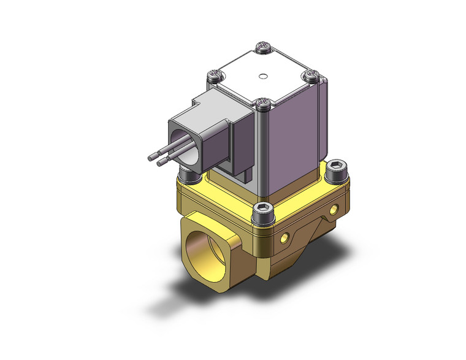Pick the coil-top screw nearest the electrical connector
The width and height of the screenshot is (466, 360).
(214, 75)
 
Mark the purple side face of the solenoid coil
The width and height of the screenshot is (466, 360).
(291, 147)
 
